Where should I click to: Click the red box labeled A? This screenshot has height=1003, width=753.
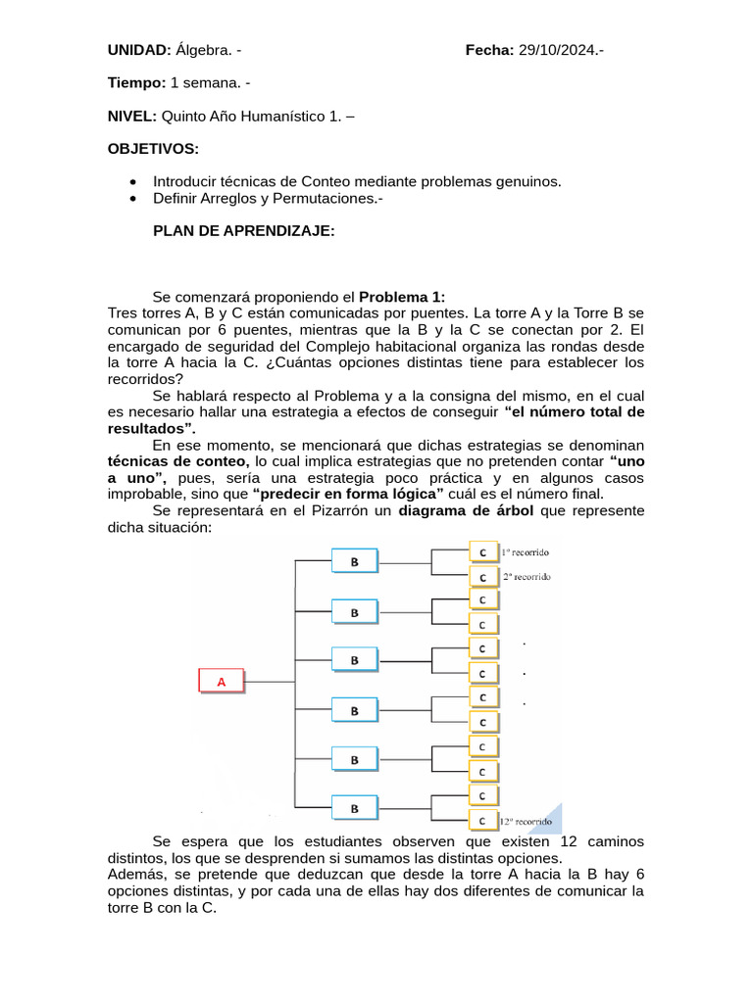coord(222,681)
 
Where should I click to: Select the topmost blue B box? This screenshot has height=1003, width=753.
coord(355,560)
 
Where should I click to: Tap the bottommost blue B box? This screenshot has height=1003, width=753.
coord(355,808)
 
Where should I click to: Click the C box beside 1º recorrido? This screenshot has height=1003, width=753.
coord(483,552)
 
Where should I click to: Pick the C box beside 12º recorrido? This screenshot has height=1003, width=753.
coord(482,820)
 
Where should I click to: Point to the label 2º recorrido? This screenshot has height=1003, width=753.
coord(527,577)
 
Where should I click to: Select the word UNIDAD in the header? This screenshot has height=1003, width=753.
coord(139,50)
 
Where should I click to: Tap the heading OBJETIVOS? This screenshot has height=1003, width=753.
coord(153,148)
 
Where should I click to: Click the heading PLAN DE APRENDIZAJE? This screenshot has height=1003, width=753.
coord(244,231)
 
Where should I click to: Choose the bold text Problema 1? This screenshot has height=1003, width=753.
coord(402,297)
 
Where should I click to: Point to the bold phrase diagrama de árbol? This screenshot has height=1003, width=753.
coord(466,511)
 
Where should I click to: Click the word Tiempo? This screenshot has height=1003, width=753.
coord(136,83)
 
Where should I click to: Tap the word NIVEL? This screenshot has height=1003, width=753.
coord(131,116)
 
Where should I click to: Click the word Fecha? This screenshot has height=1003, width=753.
coord(489,50)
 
